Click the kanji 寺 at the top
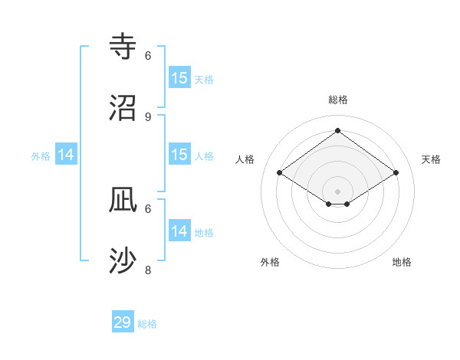(x=123, y=46)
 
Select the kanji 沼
(x=123, y=107)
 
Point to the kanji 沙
(x=123, y=260)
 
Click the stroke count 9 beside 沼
(x=148, y=116)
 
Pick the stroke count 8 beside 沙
(x=148, y=270)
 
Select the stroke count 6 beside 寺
(x=148, y=55)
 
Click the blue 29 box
(x=123, y=322)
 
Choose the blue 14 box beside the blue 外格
(x=66, y=155)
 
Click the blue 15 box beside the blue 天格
(x=179, y=78)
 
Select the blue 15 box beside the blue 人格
(x=179, y=155)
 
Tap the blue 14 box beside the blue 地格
(x=179, y=231)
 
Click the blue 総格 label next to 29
(x=147, y=324)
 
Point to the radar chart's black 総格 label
(x=337, y=100)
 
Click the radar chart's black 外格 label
(x=270, y=262)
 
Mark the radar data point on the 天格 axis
(x=396, y=173)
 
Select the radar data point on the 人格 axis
(x=280, y=173)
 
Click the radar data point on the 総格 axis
(x=337, y=130)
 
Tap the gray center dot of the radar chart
(x=337, y=191)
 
